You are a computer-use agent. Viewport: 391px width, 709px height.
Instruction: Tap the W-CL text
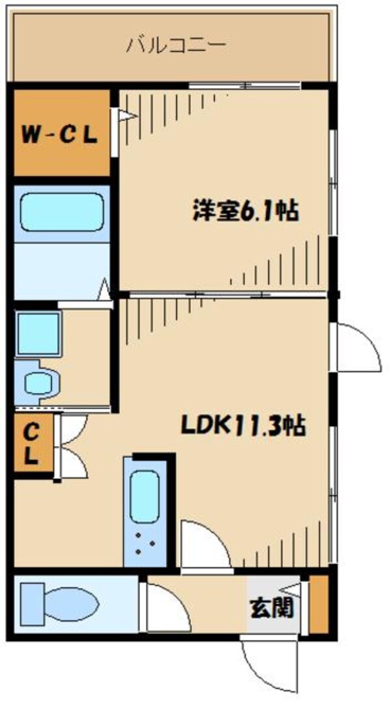[59, 135]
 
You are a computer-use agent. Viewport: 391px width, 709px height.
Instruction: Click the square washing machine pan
[38, 333]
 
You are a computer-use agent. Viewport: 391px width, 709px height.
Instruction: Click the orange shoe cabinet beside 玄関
[318, 605]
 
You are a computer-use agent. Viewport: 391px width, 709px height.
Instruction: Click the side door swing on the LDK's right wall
[357, 346]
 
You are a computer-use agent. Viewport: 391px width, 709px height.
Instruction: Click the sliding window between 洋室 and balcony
[244, 85]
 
